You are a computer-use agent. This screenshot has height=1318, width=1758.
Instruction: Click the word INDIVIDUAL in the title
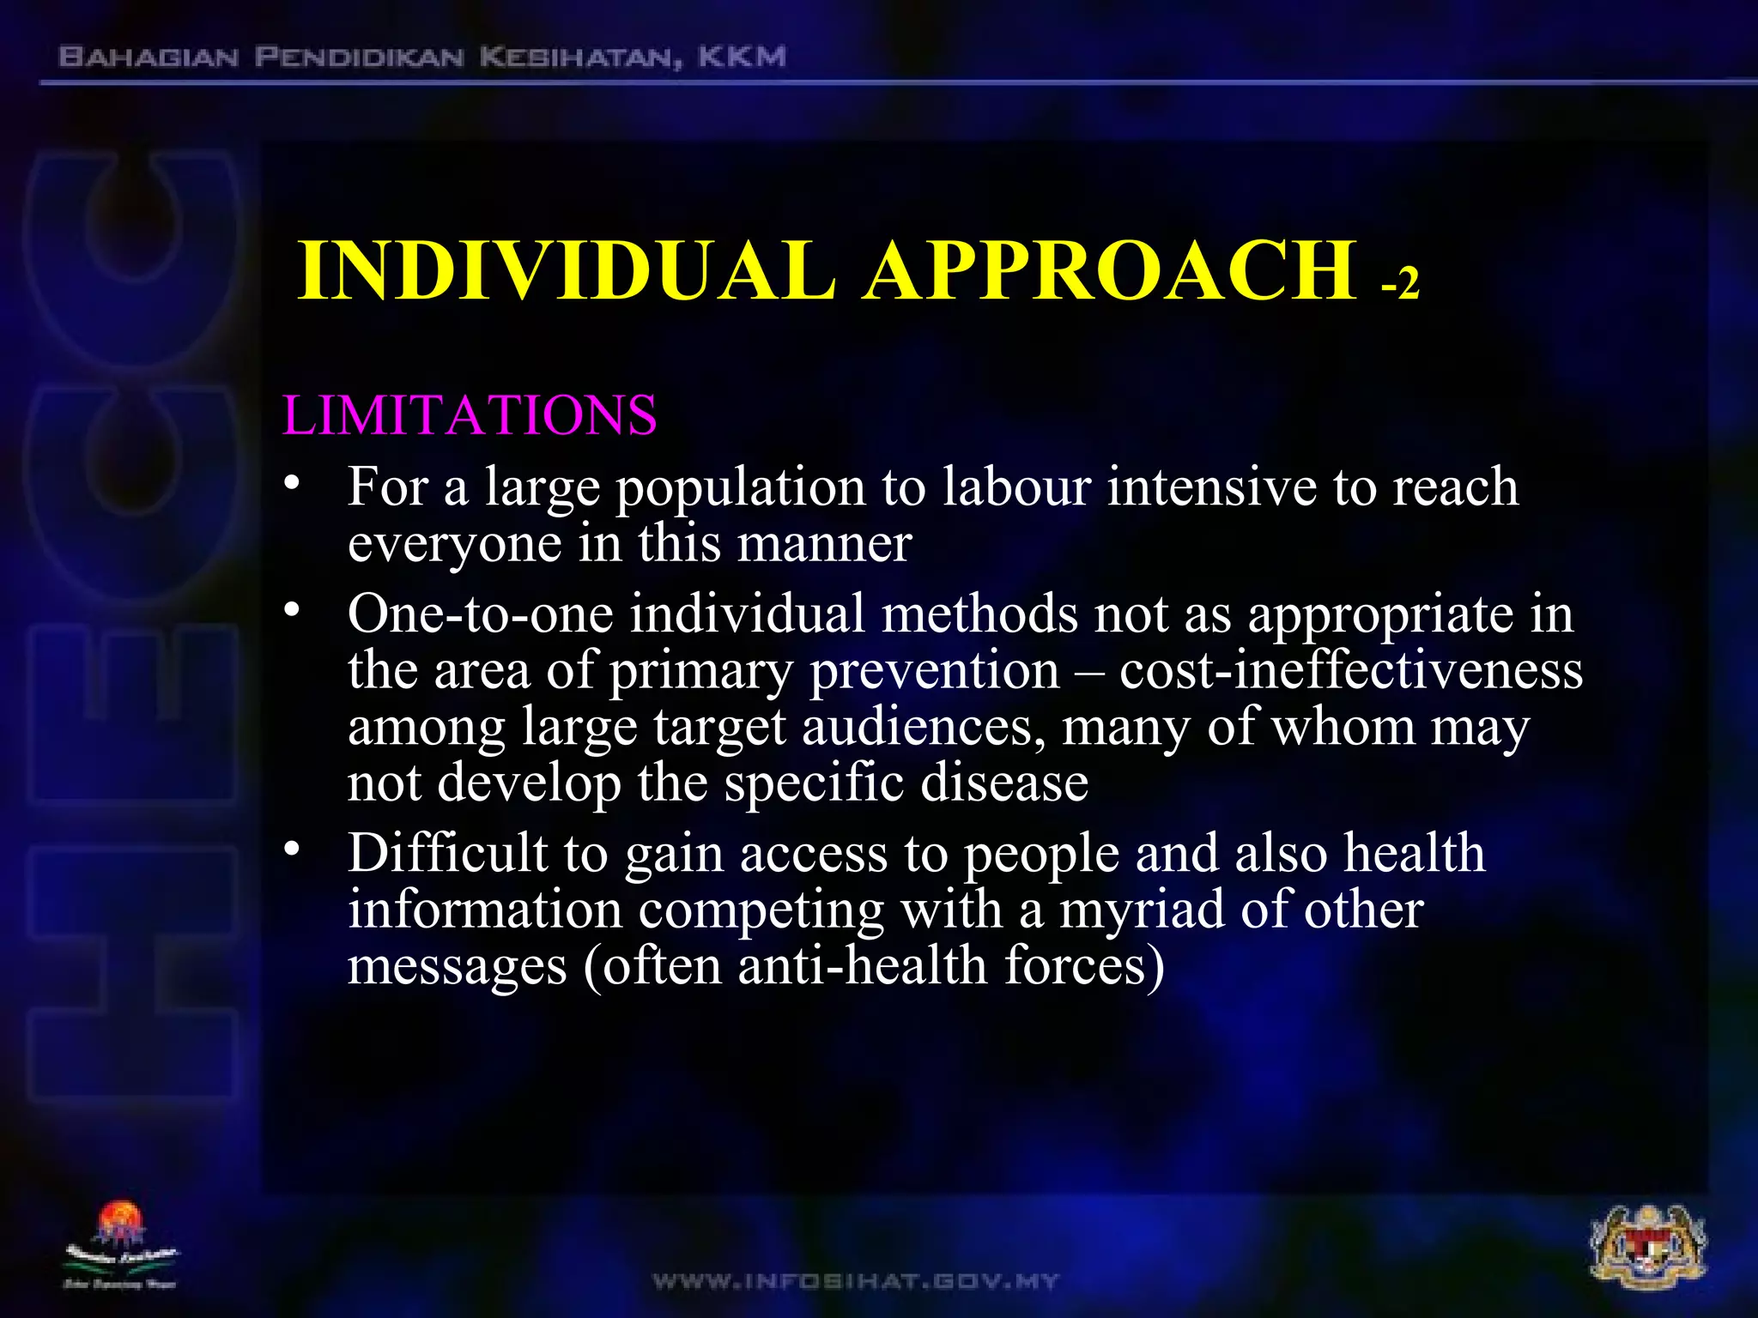(x=567, y=271)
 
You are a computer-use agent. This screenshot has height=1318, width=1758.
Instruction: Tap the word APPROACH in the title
(x=1110, y=271)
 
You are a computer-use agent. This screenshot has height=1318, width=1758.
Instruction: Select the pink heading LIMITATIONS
(x=470, y=416)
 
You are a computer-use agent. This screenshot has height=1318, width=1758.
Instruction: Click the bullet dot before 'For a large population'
(x=293, y=483)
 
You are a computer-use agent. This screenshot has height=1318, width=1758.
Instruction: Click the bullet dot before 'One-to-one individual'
(x=293, y=610)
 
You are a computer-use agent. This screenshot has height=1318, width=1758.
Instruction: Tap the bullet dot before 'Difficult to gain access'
(x=293, y=849)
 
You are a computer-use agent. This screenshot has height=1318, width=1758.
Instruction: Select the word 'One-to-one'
(x=481, y=614)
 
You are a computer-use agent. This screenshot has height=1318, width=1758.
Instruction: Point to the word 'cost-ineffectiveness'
(x=1350, y=671)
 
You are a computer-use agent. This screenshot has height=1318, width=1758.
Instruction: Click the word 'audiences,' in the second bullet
(x=923, y=728)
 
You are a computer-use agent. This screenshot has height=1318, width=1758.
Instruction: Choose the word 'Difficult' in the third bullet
(x=447, y=853)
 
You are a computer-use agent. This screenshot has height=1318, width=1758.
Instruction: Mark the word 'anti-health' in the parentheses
(x=862, y=966)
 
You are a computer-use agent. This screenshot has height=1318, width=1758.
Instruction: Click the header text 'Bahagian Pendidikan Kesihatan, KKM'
(x=421, y=57)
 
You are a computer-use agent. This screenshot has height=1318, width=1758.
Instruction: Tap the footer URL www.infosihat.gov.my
(x=856, y=1282)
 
